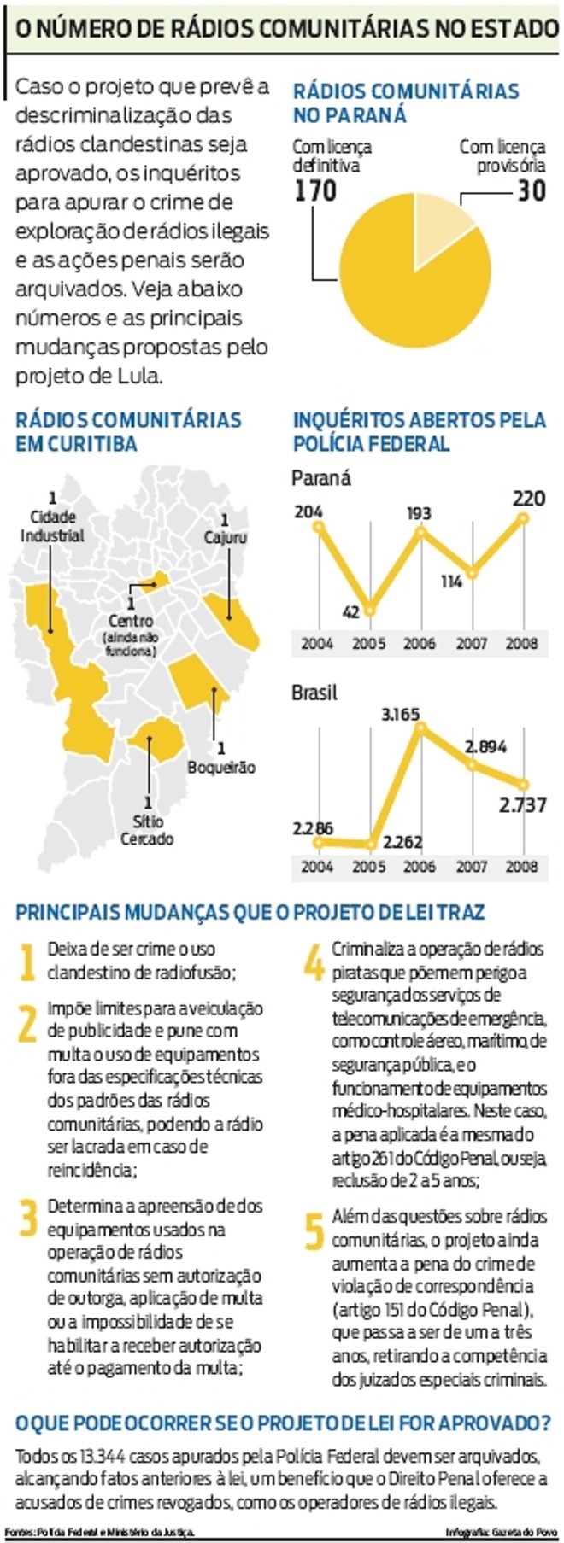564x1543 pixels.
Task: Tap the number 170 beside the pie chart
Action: coord(316,190)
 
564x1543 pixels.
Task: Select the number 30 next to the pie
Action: coord(531,190)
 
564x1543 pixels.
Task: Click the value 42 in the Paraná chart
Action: coord(351,612)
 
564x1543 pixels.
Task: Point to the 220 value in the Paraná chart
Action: coord(529,498)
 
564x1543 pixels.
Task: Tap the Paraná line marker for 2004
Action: coord(318,527)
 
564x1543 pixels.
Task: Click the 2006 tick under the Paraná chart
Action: coord(420,644)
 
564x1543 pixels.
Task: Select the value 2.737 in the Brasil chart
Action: coord(522,805)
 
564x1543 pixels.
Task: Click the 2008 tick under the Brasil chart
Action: coord(521,866)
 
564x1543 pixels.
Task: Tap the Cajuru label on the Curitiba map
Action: coord(225,537)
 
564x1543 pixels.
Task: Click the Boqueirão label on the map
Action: coord(221,767)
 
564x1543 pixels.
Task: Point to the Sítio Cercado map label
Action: coord(147,830)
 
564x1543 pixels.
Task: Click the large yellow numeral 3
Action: coord(28,1219)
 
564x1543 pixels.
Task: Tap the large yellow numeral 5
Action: coord(314,1230)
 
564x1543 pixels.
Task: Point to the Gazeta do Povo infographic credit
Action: coord(502,1533)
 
